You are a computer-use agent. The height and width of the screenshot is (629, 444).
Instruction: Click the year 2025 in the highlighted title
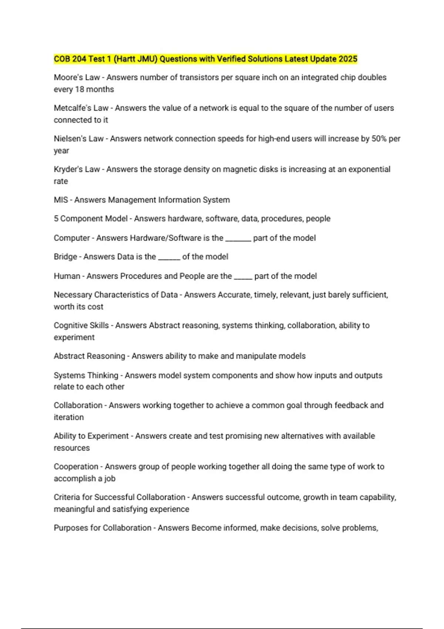pos(348,59)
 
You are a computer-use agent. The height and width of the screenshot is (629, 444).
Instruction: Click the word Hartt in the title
pos(126,59)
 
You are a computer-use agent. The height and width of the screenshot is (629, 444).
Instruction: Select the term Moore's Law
pos(77,77)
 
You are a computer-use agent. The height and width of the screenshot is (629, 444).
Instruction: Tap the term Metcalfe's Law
pos(81,108)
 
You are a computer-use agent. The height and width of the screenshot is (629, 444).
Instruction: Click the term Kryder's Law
pos(77,169)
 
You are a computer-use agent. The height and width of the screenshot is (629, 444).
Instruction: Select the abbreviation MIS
pos(61,200)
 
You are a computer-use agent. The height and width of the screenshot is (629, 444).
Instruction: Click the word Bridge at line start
pos(65,257)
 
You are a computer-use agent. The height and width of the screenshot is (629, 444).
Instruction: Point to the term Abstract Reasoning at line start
pos(89,356)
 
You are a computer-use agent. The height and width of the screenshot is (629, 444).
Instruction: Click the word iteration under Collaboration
pos(69,417)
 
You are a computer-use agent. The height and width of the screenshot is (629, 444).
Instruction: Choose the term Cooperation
pos(76,467)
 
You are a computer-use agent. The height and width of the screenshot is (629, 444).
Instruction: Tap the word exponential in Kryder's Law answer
pos(369,169)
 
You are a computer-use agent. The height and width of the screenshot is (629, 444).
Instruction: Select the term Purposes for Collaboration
pos(102,528)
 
